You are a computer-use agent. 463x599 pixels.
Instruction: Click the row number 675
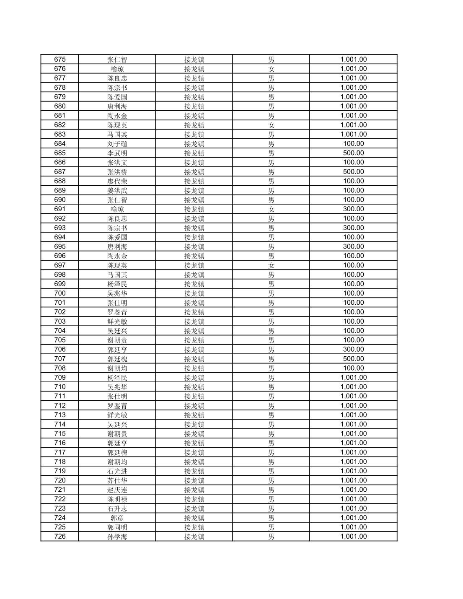click(x=60, y=60)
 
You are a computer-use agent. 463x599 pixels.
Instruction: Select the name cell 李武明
click(x=117, y=153)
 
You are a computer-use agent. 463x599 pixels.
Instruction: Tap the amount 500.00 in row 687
click(x=353, y=172)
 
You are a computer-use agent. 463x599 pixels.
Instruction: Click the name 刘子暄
click(x=117, y=144)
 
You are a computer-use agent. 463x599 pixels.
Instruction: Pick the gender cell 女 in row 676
click(x=271, y=69)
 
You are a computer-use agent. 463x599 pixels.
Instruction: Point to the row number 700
click(x=60, y=293)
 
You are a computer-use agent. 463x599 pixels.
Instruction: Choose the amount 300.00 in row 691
click(x=353, y=209)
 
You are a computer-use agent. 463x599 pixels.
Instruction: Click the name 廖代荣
click(x=117, y=181)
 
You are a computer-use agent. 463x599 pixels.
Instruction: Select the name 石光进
click(x=117, y=471)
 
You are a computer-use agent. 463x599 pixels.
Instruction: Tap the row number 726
click(x=60, y=537)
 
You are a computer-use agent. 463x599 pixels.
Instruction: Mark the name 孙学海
click(x=117, y=537)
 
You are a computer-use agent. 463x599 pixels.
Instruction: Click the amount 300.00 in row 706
click(x=353, y=350)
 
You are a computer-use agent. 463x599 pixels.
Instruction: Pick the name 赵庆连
click(x=117, y=490)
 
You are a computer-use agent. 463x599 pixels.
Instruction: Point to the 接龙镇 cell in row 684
click(x=194, y=144)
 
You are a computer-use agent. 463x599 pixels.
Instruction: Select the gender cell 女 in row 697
click(x=271, y=265)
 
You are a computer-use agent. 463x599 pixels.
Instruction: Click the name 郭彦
click(x=117, y=518)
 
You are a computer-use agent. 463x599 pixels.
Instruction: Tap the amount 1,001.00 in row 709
click(x=353, y=378)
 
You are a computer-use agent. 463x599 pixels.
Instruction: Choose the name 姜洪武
click(x=117, y=191)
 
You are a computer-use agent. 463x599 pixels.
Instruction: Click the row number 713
click(x=60, y=415)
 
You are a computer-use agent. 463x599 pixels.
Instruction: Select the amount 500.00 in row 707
click(x=353, y=359)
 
